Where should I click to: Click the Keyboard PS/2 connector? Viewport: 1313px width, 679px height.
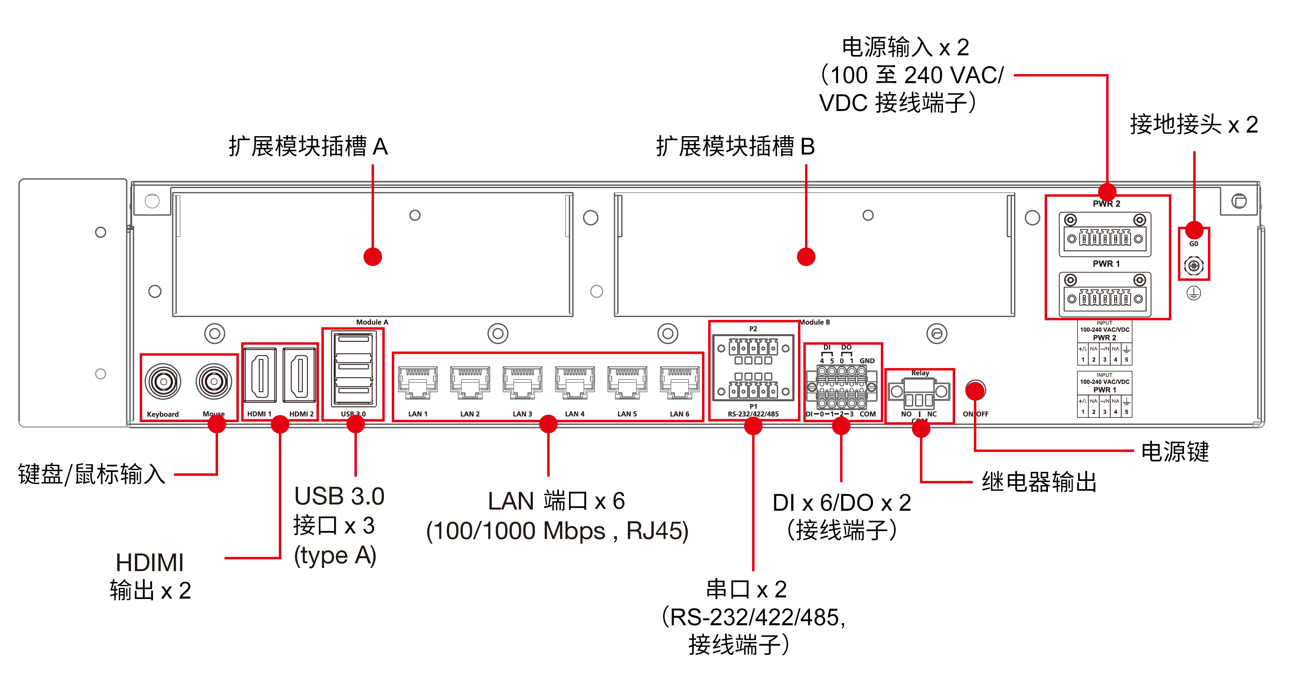click(x=163, y=381)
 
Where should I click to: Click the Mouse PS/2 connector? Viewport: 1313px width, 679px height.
click(x=214, y=381)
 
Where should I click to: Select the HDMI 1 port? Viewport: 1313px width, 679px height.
click(x=260, y=375)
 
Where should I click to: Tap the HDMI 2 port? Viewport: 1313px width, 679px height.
click(x=299, y=375)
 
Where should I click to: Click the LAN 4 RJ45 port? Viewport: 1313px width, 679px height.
click(x=575, y=382)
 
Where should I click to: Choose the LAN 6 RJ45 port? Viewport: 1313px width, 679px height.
click(x=679, y=382)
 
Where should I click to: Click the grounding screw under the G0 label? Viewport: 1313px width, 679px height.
click(x=1193, y=266)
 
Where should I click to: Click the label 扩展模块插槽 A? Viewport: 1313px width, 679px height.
click(x=308, y=147)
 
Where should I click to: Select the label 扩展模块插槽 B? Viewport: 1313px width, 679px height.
click(x=735, y=147)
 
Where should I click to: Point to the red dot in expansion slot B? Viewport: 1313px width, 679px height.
click(x=806, y=257)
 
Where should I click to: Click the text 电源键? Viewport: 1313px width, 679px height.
click(x=1175, y=451)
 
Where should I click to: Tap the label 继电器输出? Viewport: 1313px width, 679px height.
click(x=1039, y=482)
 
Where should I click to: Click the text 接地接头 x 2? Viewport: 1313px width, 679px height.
click(x=1194, y=124)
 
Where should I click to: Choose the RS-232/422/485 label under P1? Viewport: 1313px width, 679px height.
click(x=753, y=414)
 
